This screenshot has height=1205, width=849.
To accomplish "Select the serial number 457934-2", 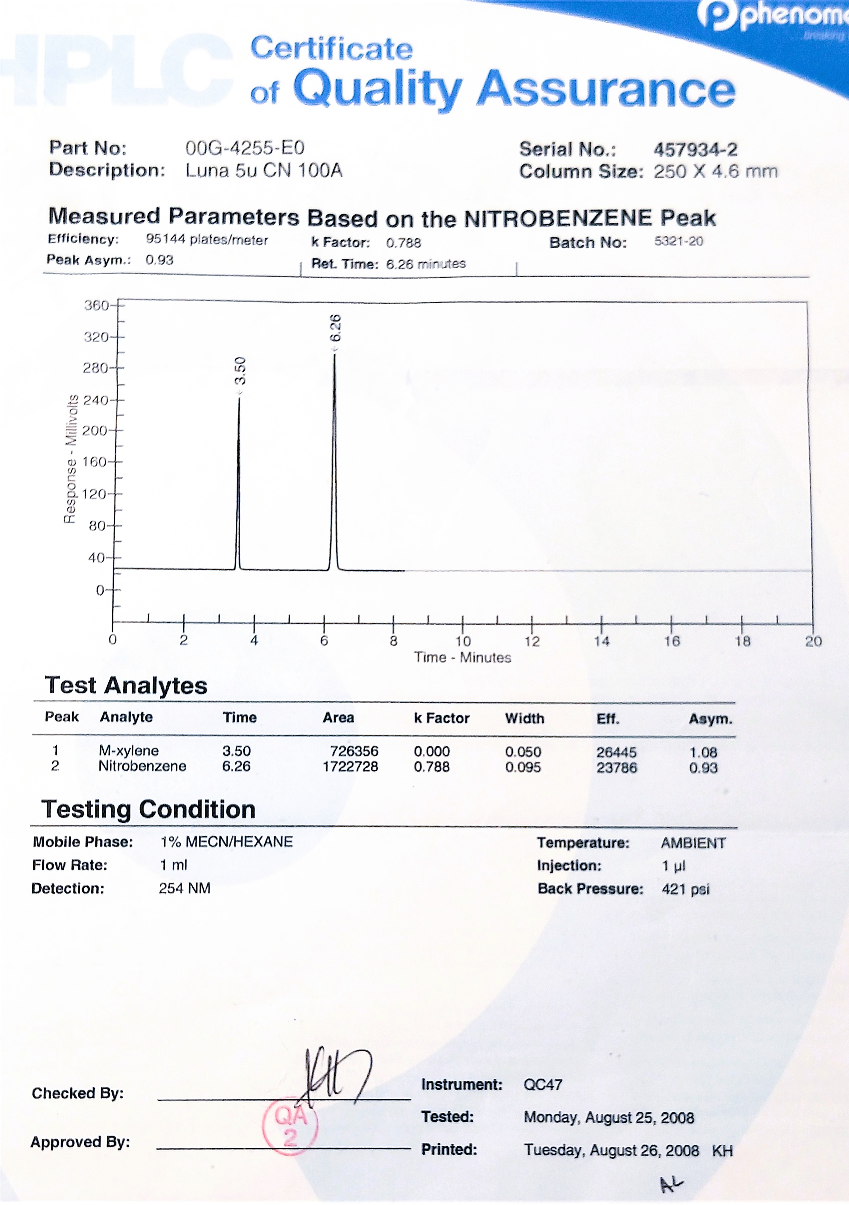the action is pyautogui.click(x=695, y=150).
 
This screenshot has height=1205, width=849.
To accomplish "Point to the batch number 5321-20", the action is pyautogui.click(x=679, y=242).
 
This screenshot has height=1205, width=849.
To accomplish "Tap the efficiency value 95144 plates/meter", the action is pyautogui.click(x=207, y=240).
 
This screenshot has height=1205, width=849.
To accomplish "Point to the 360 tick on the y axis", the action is pyautogui.click(x=97, y=305).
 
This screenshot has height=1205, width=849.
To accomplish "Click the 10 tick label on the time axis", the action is pyautogui.click(x=463, y=641).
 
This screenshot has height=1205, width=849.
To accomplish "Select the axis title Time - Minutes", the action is pyautogui.click(x=462, y=658).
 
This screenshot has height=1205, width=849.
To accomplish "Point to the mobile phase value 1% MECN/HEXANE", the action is pyautogui.click(x=227, y=842).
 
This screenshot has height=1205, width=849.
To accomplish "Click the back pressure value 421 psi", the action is pyautogui.click(x=685, y=889).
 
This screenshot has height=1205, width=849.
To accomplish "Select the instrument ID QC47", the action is pyautogui.click(x=543, y=1085).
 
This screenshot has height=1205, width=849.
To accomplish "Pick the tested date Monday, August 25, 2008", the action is pyautogui.click(x=609, y=1118).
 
